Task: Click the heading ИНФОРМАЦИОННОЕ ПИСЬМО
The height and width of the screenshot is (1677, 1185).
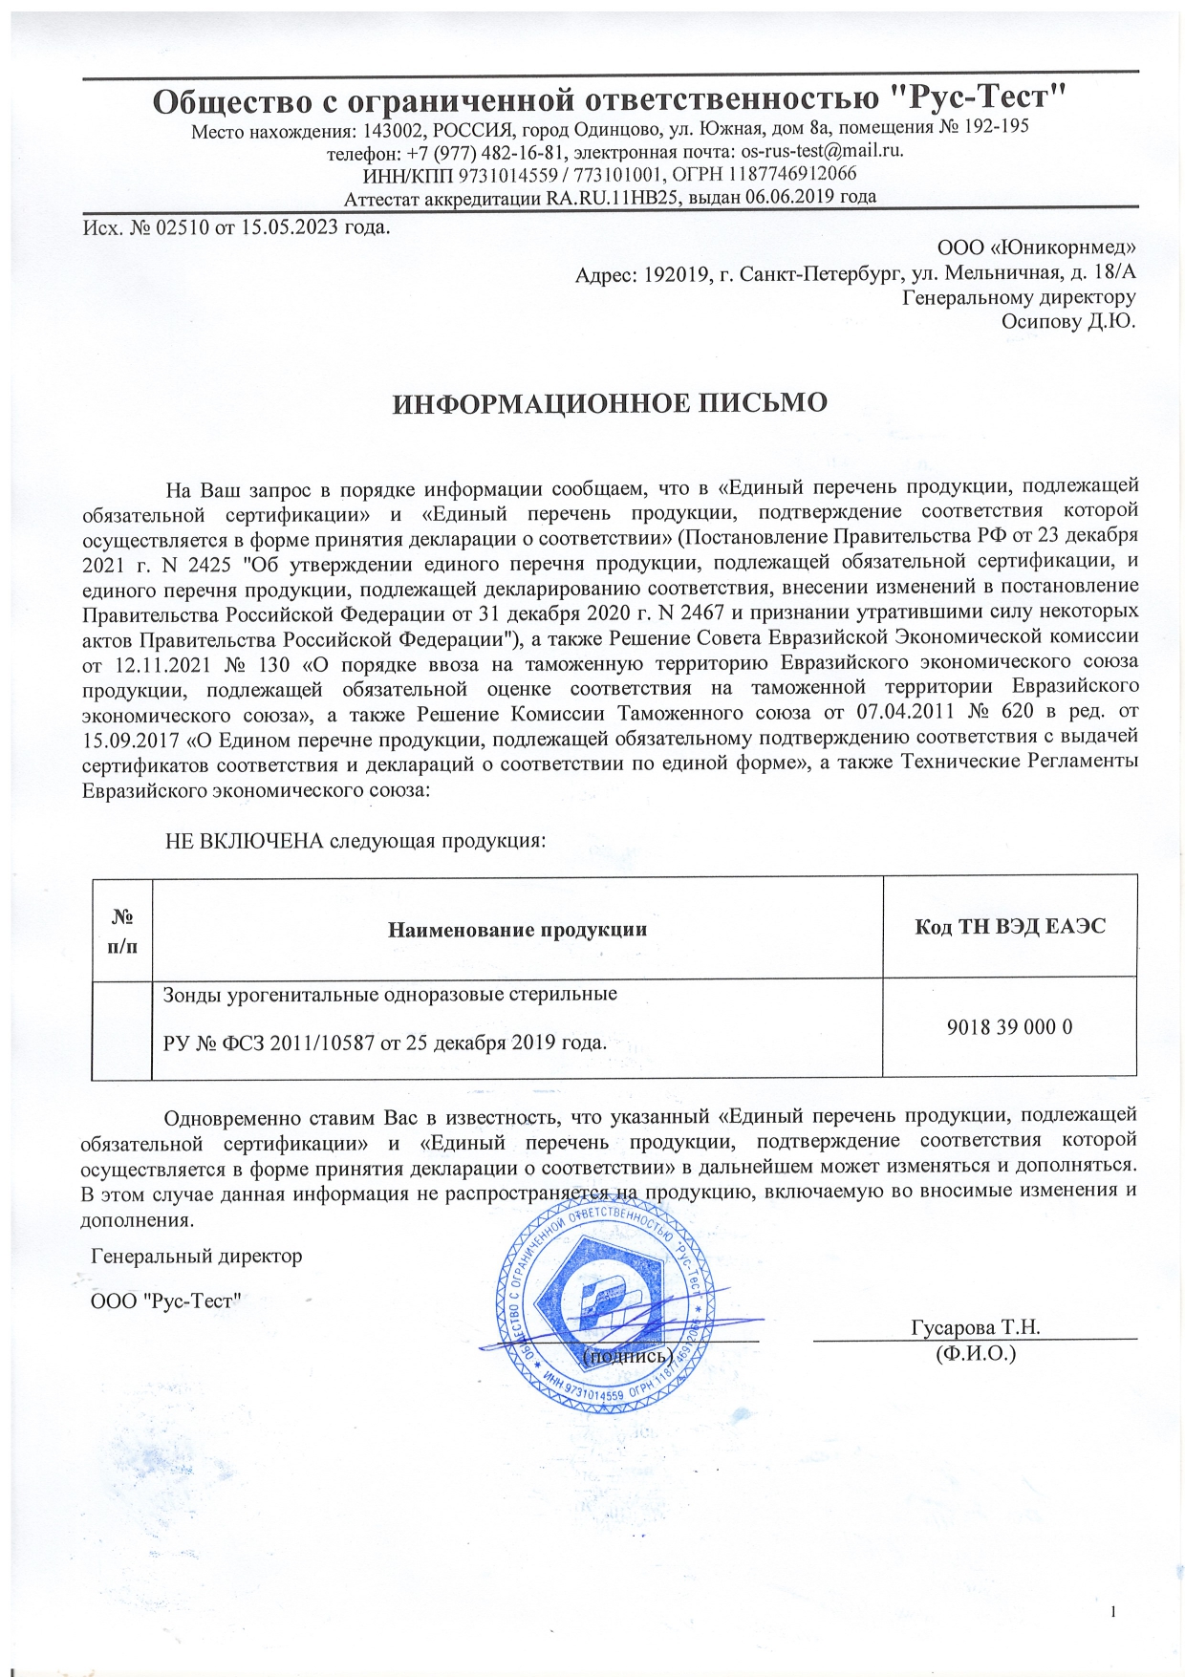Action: [x=611, y=403]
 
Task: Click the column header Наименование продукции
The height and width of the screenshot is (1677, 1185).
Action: [x=517, y=929]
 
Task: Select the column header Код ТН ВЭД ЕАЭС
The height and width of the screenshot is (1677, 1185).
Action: [x=1009, y=926]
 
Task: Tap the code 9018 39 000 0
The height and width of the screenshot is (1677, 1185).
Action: [x=1009, y=1027]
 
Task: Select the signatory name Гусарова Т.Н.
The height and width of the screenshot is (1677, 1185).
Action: [x=975, y=1327]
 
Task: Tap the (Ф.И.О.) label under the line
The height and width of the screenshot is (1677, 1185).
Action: [x=976, y=1353]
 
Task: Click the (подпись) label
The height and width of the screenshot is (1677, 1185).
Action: [x=628, y=1355]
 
